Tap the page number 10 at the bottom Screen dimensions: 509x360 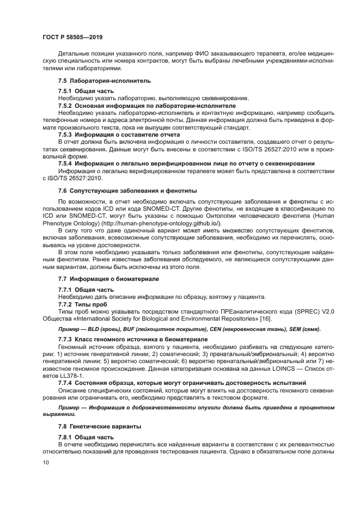point(46,462)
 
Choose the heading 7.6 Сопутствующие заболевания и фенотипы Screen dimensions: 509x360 point(127,191)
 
